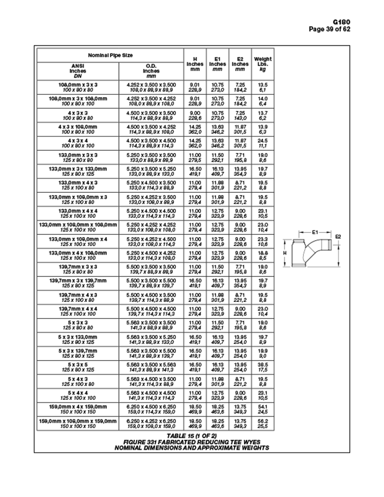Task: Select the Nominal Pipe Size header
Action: point(111,55)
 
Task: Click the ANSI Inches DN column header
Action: point(78,70)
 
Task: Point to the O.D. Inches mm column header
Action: point(151,70)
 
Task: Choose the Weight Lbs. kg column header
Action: point(263,64)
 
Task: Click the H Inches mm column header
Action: point(194,64)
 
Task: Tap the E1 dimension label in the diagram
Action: point(316,230)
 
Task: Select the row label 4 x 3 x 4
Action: point(78,140)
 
